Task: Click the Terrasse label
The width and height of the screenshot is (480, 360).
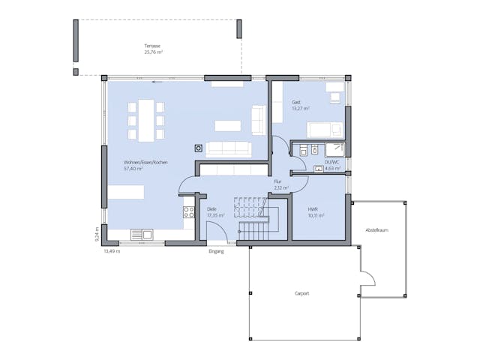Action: click(x=153, y=46)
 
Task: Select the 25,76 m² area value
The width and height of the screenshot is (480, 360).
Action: click(x=153, y=52)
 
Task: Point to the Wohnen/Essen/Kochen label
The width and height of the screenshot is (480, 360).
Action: click(x=145, y=163)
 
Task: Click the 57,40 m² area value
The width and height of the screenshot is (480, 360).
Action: click(x=133, y=169)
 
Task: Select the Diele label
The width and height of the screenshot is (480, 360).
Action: click(x=211, y=209)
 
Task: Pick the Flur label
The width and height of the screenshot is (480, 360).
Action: click(x=277, y=181)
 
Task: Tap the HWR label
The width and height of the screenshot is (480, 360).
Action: click(x=313, y=209)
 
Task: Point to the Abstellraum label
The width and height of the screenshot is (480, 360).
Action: click(x=376, y=230)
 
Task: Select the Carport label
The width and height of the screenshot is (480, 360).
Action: click(x=301, y=293)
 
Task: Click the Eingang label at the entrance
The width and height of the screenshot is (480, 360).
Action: click(x=216, y=252)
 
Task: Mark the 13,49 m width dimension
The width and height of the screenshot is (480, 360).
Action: click(x=112, y=251)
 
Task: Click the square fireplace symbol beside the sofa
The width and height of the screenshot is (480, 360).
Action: click(x=199, y=148)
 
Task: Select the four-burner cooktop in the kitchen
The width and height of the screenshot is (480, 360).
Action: click(x=189, y=212)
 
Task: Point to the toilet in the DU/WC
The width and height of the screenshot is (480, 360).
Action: click(x=302, y=151)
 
